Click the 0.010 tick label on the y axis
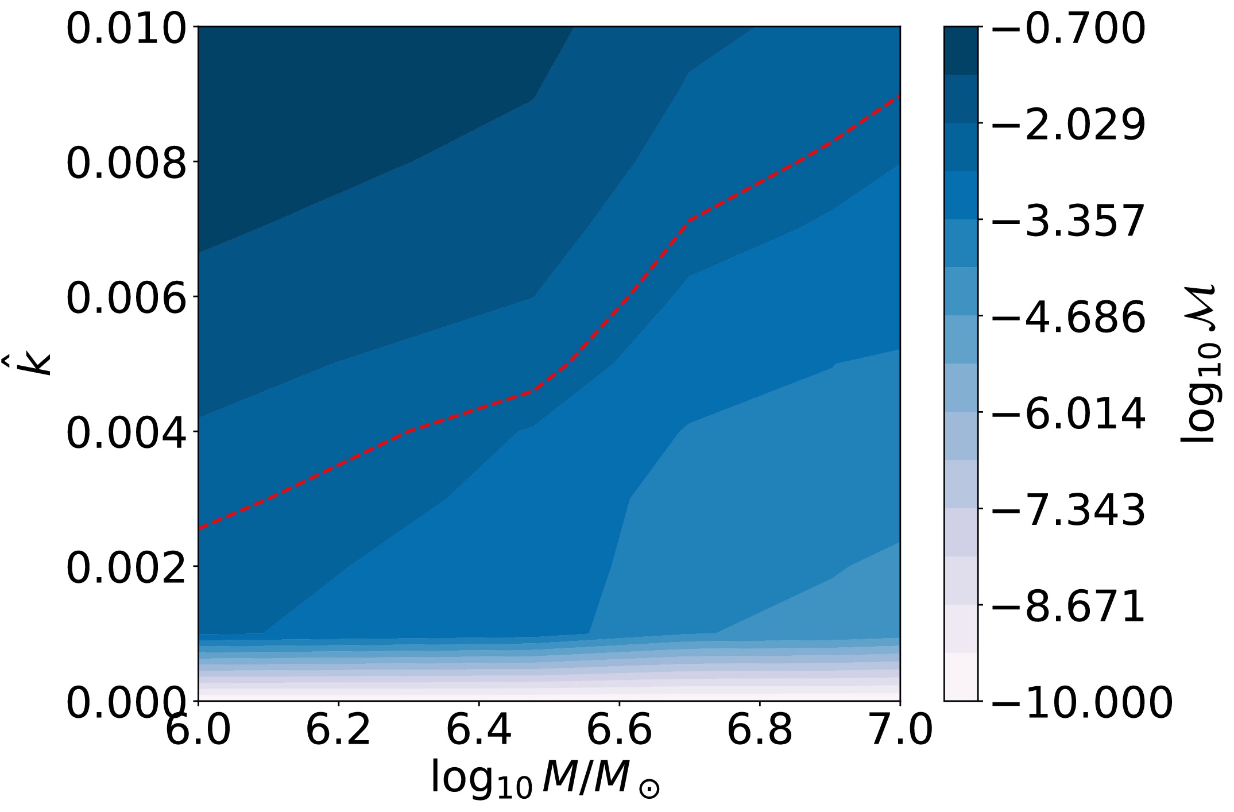click(x=126, y=29)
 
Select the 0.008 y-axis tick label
click(x=126, y=164)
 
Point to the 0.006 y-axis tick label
click(x=126, y=299)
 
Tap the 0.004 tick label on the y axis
click(x=126, y=434)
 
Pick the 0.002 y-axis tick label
click(x=126, y=569)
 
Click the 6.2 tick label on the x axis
click(x=338, y=730)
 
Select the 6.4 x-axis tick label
click(x=479, y=730)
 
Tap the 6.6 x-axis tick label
click(x=619, y=730)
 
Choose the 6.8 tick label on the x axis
click(x=760, y=730)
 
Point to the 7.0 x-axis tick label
click(x=900, y=730)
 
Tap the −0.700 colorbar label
click(x=1068, y=29)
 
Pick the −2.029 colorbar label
click(x=1068, y=125)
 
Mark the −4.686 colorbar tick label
click(x=1068, y=318)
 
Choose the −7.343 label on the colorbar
click(x=1068, y=511)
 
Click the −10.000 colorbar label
click(x=1082, y=703)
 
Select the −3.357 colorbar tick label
click(x=1068, y=221)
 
